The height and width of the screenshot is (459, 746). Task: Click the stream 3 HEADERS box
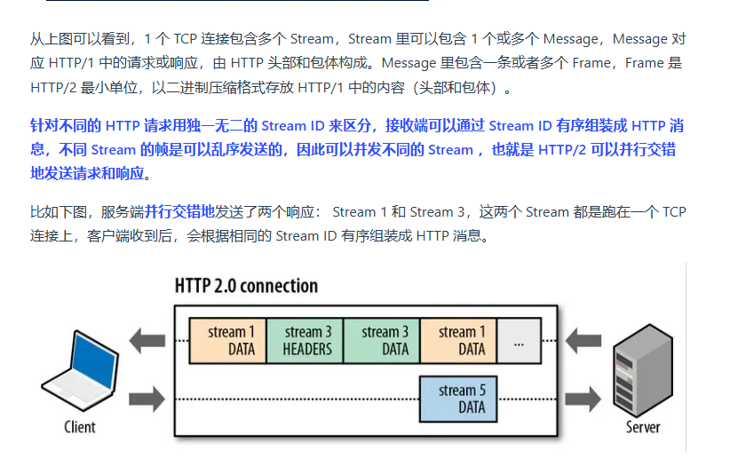click(x=304, y=341)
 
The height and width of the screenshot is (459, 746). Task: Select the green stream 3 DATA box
click(x=381, y=341)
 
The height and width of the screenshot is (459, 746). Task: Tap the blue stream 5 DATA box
click(x=458, y=398)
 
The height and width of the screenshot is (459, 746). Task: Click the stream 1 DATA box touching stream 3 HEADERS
click(x=227, y=341)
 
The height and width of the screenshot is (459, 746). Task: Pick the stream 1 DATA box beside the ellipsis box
click(x=458, y=341)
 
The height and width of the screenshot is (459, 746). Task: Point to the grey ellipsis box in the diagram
click(x=519, y=341)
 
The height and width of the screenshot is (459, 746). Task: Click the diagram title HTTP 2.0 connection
click(x=246, y=286)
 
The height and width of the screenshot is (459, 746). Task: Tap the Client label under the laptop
click(x=80, y=427)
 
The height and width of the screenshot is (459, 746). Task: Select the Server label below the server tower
click(x=642, y=427)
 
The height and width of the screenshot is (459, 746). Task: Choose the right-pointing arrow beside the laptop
click(x=146, y=396)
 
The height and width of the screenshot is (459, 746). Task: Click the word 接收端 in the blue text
click(x=408, y=126)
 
